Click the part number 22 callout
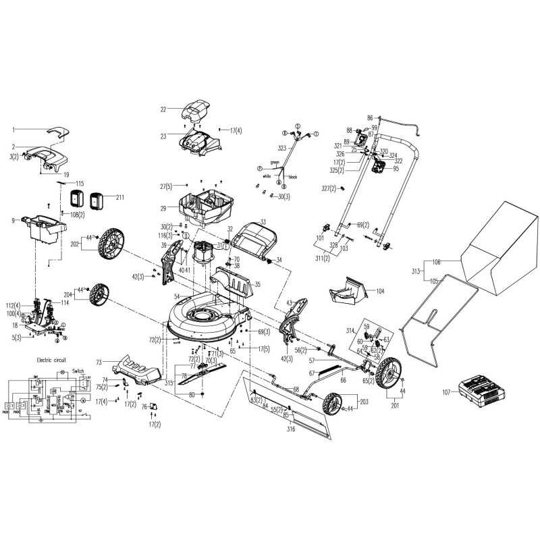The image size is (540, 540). (x=163, y=109)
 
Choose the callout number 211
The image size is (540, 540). (x=120, y=197)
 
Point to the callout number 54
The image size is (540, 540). (x=177, y=296)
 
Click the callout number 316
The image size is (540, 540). (x=290, y=429)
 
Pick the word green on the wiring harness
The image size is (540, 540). (x=275, y=163)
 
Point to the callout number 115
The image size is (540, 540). (x=79, y=184)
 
